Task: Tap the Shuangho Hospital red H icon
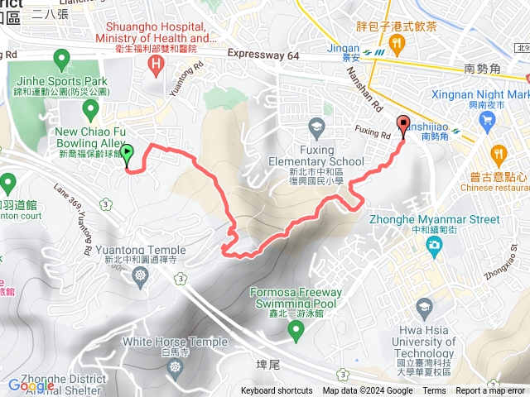pos(154,64)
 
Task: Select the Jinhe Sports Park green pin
pos(60,59)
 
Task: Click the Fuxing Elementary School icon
pos(316,127)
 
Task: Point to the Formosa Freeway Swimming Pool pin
pos(296,330)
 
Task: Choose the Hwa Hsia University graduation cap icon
pos(424,308)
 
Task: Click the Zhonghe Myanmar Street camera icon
pos(434,246)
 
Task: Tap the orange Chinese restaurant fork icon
pos(498,153)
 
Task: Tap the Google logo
pos(31,385)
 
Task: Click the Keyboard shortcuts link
pos(277,391)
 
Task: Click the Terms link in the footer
pos(434,391)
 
